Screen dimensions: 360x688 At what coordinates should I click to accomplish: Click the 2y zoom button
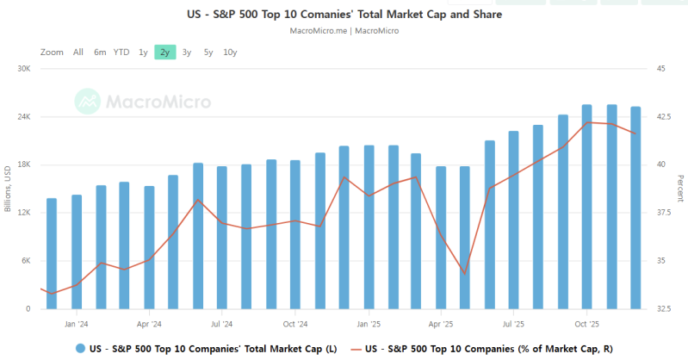click(164, 53)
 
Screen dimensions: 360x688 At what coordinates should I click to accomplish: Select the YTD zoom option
click(121, 53)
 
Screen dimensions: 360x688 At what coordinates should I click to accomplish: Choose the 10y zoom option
click(230, 53)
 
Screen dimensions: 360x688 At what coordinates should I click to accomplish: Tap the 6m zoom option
click(100, 53)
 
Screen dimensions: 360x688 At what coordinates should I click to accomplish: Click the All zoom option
click(78, 53)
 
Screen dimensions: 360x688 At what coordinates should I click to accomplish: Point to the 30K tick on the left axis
click(24, 69)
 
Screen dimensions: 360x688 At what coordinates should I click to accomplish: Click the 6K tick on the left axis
click(25, 261)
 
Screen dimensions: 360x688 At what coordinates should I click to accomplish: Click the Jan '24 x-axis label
click(77, 325)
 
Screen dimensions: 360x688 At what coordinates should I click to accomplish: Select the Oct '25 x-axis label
click(587, 325)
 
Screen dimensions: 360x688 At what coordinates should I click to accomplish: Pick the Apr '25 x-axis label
click(441, 325)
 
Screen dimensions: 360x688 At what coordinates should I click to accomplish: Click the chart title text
click(344, 15)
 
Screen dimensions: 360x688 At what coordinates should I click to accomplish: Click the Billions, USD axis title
click(8, 189)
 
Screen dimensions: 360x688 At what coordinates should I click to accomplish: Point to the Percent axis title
click(679, 189)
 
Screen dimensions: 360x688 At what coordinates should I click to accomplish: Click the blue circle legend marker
click(80, 349)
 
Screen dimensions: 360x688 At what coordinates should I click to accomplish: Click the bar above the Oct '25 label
click(587, 207)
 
